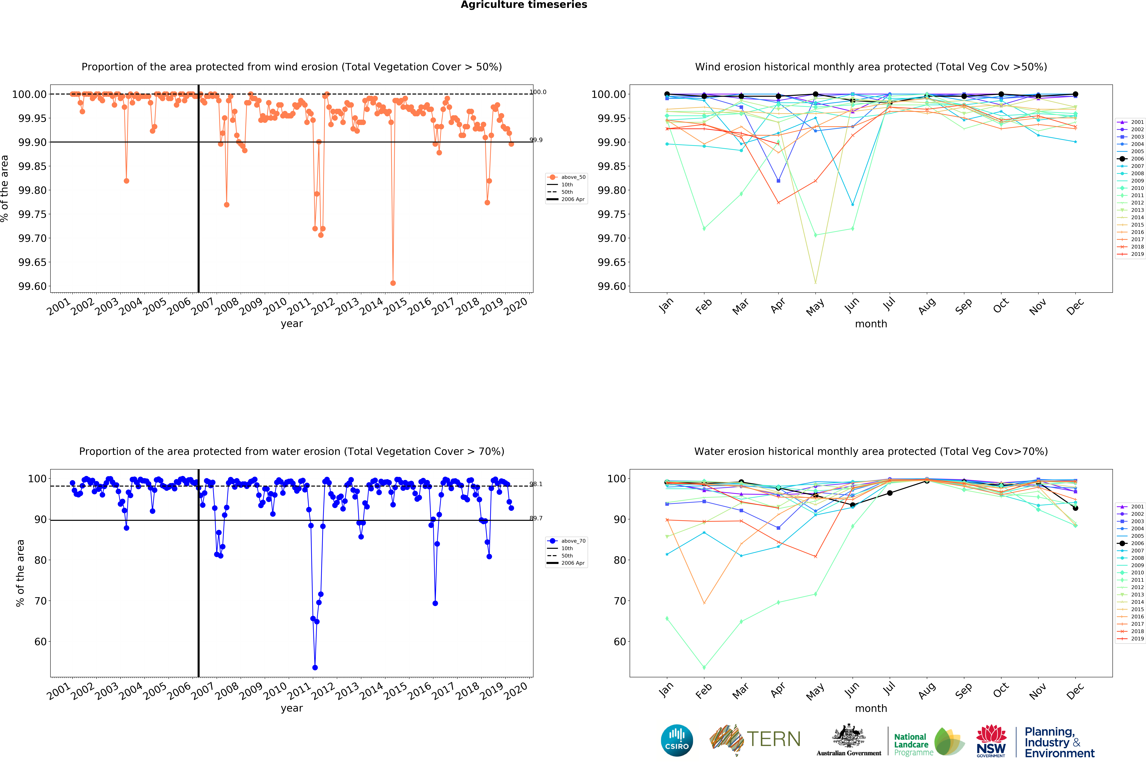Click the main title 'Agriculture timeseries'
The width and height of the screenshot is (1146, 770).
pos(523,5)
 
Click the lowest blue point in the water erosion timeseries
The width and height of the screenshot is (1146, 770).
pos(315,667)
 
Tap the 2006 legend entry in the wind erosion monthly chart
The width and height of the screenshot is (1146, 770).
pos(1130,159)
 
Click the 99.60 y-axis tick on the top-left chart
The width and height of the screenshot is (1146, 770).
pos(32,286)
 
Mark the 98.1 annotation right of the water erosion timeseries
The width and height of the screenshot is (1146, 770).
pos(536,484)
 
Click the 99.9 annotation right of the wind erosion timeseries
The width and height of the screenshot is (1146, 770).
pos(536,140)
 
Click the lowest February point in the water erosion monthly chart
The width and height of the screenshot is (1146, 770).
pos(704,667)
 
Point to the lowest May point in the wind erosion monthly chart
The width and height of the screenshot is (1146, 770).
pos(816,282)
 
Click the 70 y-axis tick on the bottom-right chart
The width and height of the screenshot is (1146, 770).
pos(620,601)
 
